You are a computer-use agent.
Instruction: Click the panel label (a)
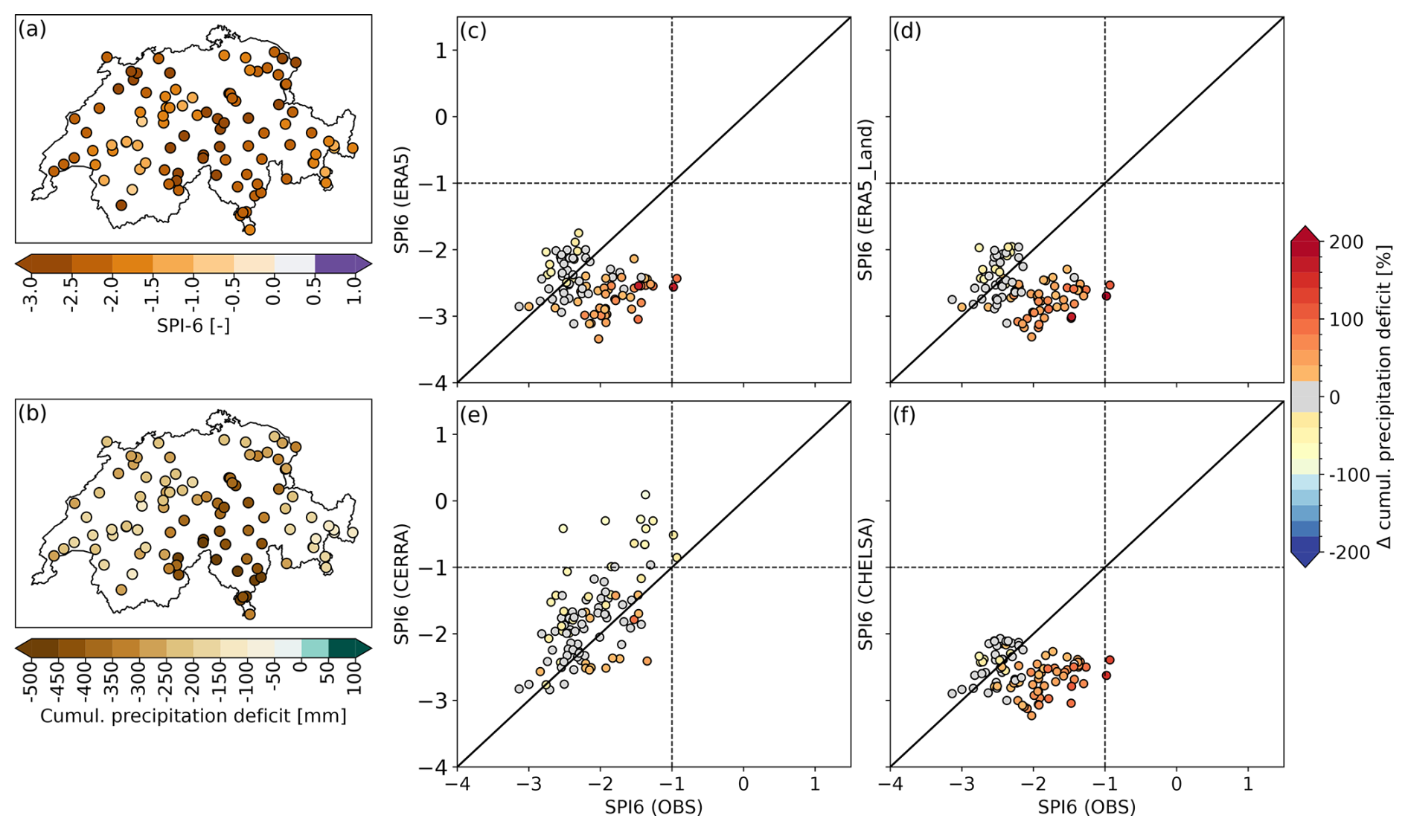33,30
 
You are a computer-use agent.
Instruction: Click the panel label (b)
33,414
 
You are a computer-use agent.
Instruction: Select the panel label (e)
473,414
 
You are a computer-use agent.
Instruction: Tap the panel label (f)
906,414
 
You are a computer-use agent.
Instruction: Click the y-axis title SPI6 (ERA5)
402,199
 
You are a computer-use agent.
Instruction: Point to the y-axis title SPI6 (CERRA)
402,584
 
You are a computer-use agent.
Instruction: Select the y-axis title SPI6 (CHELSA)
865,584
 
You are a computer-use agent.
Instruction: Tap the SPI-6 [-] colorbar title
193,325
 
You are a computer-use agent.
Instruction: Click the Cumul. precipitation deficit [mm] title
193,715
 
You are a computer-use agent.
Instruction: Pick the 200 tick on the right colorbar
1346,242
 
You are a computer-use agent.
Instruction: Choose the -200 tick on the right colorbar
1346,553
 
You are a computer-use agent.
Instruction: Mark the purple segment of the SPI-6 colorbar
339,263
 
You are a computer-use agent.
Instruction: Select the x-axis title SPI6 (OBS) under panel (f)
1086,807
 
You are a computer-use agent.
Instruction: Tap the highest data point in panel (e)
645,495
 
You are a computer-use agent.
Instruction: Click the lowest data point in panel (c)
598,338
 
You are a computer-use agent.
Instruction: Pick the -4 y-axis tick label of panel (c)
435,382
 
